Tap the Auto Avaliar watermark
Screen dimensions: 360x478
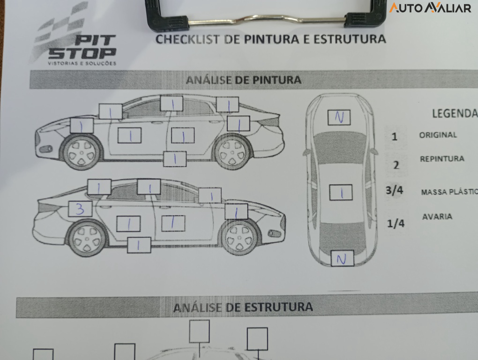click(430, 7)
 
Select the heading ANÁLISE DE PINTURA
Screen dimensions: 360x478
click(243, 80)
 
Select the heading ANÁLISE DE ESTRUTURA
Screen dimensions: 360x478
click(243, 307)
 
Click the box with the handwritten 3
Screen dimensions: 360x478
click(80, 209)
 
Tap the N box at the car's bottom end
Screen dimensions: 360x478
click(342, 258)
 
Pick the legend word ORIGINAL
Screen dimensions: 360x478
click(438, 135)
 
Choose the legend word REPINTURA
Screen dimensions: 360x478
click(442, 159)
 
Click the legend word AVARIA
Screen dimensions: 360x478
click(437, 217)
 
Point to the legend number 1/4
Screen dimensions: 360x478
click(396, 223)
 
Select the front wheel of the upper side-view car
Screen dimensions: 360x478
click(82, 152)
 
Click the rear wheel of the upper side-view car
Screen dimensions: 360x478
click(233, 151)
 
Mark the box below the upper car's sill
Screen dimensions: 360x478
click(175, 159)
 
